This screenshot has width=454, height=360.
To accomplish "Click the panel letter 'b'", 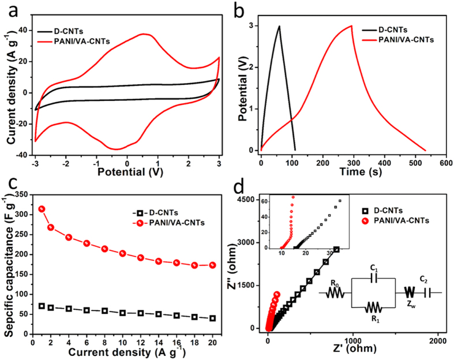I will pos(239,10).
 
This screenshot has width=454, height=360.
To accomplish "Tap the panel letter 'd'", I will pos(239,189).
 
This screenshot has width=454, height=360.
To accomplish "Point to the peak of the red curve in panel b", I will pos(351,25).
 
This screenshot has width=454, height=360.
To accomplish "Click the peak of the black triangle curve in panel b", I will pos(279,26).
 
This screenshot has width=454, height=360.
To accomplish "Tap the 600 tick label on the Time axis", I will pos(445,163).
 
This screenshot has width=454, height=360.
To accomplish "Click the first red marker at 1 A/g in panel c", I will pos(42,209).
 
